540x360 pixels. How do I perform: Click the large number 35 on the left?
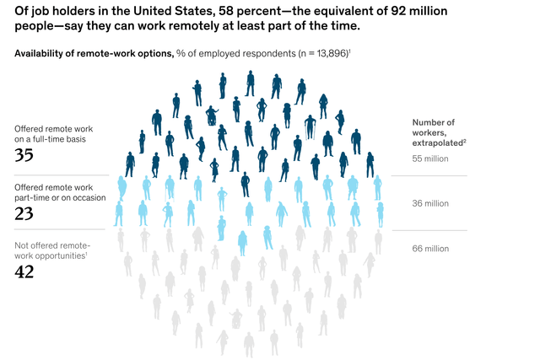(x=24, y=155)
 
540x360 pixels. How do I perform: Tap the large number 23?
(x=24, y=213)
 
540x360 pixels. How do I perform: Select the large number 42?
(x=24, y=271)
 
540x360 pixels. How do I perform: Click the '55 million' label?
(x=430, y=159)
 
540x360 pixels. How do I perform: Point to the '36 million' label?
(x=430, y=203)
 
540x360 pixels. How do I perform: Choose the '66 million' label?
(x=430, y=249)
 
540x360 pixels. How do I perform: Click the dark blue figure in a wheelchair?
(x=212, y=116)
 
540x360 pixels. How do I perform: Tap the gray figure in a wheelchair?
(x=236, y=319)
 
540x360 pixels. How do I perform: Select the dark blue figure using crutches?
(x=310, y=127)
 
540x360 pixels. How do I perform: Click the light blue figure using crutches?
(x=170, y=188)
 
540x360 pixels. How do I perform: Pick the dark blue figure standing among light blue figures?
(x=245, y=185)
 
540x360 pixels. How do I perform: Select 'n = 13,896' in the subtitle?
(x=323, y=54)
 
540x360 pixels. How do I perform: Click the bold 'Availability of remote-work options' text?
(x=94, y=54)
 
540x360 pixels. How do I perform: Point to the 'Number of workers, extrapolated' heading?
(x=439, y=132)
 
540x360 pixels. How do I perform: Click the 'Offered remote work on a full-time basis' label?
(x=54, y=134)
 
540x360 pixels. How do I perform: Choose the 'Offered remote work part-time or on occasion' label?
(x=60, y=192)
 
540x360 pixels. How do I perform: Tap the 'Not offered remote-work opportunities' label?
(x=52, y=250)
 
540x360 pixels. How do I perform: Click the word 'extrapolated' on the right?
(x=438, y=142)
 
